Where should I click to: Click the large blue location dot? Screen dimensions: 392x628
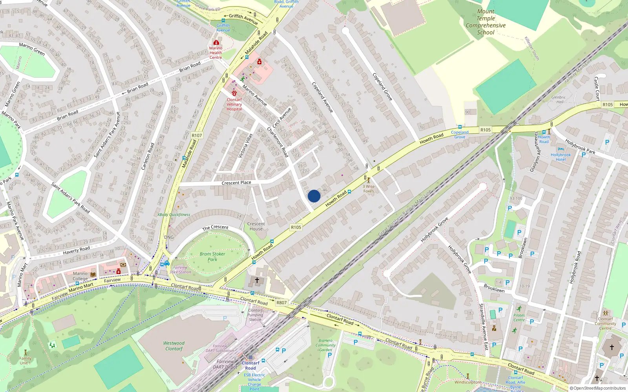tap(314, 196)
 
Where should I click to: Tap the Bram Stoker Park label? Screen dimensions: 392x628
tap(212, 257)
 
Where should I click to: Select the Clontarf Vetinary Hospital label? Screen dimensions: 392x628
tap(234, 104)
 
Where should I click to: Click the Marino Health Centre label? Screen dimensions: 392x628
tap(215, 53)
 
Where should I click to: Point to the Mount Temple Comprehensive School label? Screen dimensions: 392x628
tap(486, 22)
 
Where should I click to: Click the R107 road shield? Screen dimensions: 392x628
tap(197, 136)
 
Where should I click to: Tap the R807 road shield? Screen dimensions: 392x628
tap(281, 303)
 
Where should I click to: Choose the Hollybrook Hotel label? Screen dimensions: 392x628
tap(560, 157)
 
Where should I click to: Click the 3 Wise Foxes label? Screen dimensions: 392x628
tap(369, 189)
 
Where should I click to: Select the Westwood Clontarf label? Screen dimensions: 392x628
tap(174, 346)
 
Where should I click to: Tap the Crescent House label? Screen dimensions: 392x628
tap(256, 226)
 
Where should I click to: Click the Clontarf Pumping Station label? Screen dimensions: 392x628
tap(255, 315)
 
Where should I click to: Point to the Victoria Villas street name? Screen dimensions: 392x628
tap(246, 146)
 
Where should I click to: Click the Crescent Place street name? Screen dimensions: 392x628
tap(236, 183)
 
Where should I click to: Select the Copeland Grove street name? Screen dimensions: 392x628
tap(382, 87)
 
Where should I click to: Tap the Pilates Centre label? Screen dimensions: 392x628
tap(519, 318)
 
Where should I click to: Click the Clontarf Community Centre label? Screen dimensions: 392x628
tap(605, 323)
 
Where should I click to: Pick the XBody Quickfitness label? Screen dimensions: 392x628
tap(173, 215)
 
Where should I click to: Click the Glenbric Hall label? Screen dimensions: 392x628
tap(559, 100)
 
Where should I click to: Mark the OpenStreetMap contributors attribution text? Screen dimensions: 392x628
tap(597, 388)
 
